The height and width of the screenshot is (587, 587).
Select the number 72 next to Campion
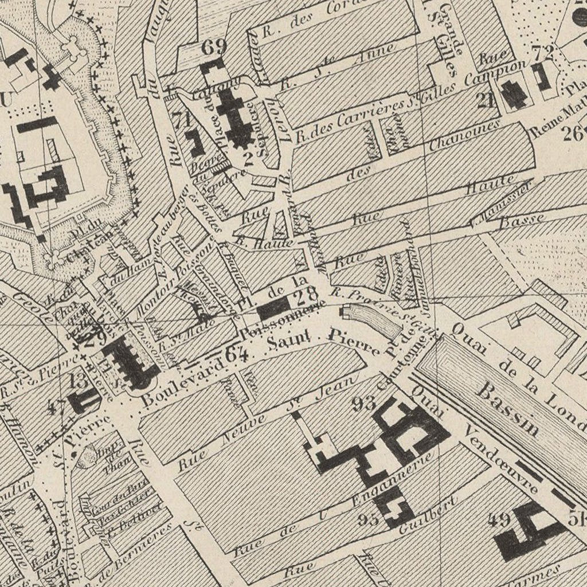[542, 53]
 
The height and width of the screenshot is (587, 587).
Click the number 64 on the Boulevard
[236, 354]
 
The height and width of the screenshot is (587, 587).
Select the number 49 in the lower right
[499, 520]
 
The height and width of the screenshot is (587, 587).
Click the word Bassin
[508, 409]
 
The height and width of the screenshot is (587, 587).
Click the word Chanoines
[465, 135]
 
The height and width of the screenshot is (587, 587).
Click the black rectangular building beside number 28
[274, 309]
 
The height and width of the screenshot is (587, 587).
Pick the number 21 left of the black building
[486, 100]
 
